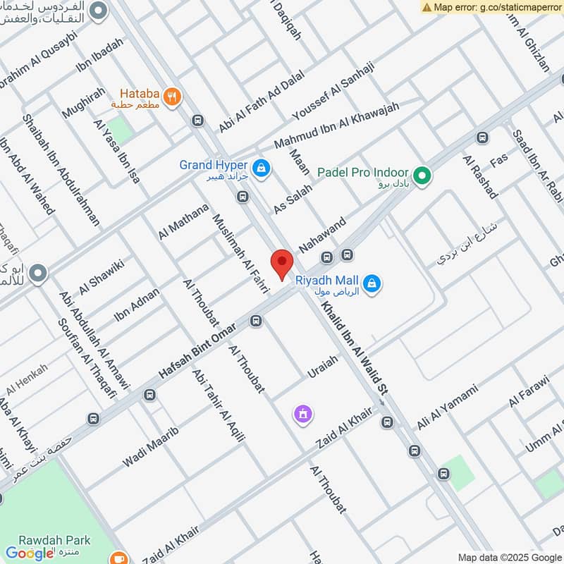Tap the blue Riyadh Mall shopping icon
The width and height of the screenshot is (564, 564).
pos(374,284)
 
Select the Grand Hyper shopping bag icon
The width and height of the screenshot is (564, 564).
pos(262,168)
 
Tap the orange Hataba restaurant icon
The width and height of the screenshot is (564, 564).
pos(171,96)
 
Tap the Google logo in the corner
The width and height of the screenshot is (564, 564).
pos(30,553)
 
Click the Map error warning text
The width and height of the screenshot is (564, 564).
pos(496,7)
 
